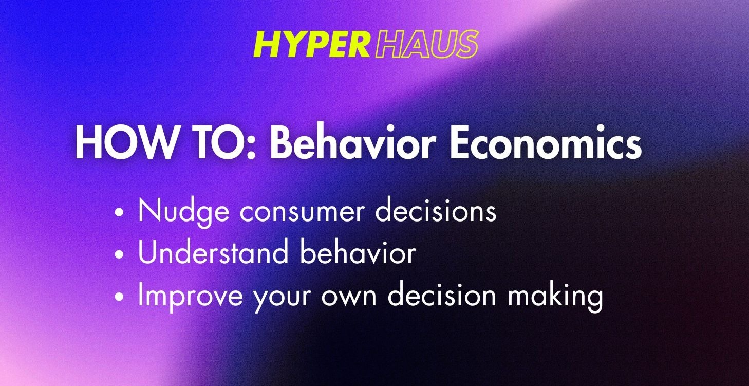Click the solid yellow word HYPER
(x=311, y=45)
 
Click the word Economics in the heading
(x=546, y=143)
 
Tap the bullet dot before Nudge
(x=120, y=212)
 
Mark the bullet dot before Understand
(x=120, y=254)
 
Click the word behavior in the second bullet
(x=358, y=253)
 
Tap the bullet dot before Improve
(x=120, y=297)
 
